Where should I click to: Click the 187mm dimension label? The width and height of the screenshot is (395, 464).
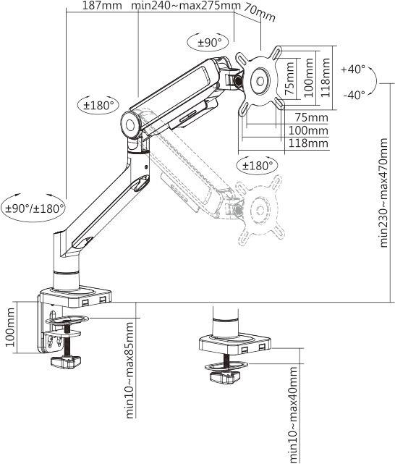click(101, 7)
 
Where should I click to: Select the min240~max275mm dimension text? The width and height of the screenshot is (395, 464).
click(187, 7)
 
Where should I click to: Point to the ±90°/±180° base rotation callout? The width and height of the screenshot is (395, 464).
click(35, 208)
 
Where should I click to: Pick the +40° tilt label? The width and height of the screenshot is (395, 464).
click(352, 69)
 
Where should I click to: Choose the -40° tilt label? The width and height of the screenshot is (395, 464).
click(352, 95)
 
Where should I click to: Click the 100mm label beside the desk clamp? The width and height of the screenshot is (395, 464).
click(10, 329)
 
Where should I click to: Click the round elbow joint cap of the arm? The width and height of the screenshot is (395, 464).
click(132, 122)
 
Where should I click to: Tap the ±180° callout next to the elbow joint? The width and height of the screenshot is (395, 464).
click(99, 105)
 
